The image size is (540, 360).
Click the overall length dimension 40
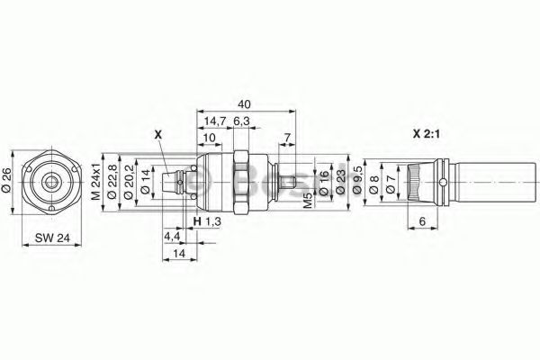click(x=244, y=104)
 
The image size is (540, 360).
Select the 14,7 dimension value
click(x=214, y=121)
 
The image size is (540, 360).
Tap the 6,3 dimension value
click(x=241, y=121)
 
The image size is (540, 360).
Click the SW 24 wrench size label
click(x=52, y=238)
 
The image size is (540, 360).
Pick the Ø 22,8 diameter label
click(x=112, y=182)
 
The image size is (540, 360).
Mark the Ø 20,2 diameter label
click(x=129, y=182)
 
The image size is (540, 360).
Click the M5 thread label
click(x=308, y=201)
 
